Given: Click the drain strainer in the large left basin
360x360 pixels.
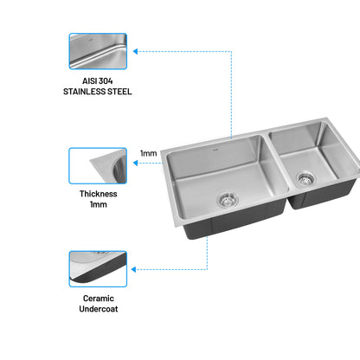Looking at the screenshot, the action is tap(228, 200).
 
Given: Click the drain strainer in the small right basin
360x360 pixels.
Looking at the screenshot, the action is tap(305, 179).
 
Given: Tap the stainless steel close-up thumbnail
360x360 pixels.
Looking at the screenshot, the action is tap(98, 51).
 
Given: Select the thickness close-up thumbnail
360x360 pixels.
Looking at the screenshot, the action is tap(98, 166).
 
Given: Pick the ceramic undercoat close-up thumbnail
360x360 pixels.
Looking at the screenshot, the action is tap(98, 269).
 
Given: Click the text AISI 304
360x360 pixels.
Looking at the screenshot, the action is tap(98, 81).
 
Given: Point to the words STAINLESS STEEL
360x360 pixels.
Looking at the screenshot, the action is tap(98, 92).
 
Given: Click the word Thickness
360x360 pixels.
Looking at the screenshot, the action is tap(99, 194).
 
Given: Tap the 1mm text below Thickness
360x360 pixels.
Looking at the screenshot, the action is tap(99, 204).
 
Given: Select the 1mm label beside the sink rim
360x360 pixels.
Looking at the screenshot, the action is tap(149, 153).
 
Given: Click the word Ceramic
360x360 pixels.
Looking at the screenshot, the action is tap(99, 299).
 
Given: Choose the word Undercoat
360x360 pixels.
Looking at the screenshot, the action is tap(99, 309).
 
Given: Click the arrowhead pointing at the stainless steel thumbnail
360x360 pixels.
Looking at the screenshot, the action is tap(135, 52).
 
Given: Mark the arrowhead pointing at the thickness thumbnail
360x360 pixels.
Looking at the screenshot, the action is tap(135, 164).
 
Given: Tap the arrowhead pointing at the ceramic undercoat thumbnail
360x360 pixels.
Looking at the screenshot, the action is tap(133, 270).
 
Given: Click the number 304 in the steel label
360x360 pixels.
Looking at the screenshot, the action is tap(105, 81).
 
